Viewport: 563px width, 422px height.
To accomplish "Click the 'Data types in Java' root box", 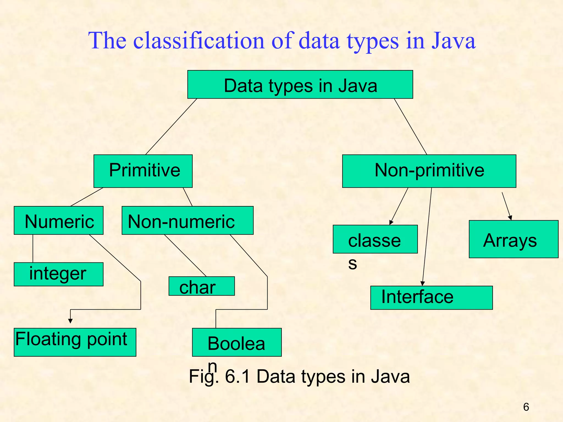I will [300, 84].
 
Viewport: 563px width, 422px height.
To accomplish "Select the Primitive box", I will [143, 171].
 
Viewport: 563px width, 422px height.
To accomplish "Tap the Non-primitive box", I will [429, 171].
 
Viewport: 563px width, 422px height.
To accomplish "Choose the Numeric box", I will [59, 220].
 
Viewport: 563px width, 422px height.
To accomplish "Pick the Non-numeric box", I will [187, 220].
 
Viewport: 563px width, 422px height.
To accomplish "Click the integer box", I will [59, 274].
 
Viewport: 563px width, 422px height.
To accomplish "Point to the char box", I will [202, 286].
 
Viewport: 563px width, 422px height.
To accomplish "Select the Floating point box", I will [75, 342].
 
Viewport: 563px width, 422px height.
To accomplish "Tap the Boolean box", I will [237, 342].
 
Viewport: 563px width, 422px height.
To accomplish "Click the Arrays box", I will [513, 239].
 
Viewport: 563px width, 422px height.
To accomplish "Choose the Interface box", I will [431, 298].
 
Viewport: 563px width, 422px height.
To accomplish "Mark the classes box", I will [375, 239].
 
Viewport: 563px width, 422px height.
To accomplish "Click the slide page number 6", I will [526, 407].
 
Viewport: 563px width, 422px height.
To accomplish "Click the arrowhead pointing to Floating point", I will [70, 321].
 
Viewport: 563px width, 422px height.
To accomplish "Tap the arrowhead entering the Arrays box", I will [510, 218].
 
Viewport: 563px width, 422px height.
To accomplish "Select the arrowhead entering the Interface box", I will [423, 284].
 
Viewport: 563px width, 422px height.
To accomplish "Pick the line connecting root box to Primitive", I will [171, 127].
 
